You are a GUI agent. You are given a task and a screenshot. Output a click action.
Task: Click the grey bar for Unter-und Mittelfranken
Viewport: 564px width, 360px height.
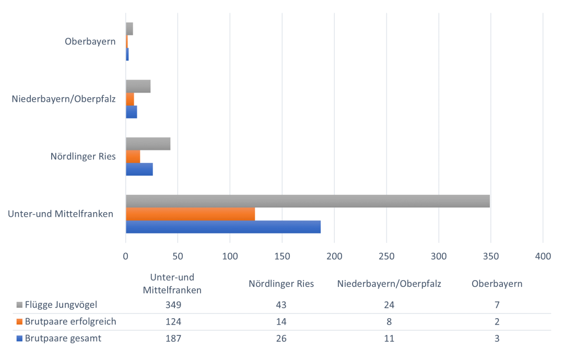308,201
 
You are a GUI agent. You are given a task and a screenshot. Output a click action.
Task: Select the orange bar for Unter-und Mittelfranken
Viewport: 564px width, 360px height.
190,214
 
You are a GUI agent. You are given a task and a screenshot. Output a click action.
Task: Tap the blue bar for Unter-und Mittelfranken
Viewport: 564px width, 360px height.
223,227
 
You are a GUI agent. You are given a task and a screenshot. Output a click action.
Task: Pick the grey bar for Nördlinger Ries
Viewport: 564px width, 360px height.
148,144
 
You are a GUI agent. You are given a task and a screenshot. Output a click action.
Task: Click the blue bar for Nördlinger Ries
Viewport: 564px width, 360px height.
139,169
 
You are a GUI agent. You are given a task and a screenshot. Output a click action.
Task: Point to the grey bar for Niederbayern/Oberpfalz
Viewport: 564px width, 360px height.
138,86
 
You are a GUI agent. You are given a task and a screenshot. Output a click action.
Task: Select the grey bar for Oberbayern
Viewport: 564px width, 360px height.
129,29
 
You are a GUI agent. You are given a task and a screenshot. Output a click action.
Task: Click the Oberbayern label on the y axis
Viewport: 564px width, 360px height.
90,41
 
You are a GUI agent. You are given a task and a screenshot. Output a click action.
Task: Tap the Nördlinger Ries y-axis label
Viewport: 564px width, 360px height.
83,156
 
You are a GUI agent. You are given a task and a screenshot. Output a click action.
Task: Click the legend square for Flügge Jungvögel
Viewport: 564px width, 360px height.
20,305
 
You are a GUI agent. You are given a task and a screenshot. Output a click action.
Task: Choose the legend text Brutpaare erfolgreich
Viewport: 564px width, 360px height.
70,321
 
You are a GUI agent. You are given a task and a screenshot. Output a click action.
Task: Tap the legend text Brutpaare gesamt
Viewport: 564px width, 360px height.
63,338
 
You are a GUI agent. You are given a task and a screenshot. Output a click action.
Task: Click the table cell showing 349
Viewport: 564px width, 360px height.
172,305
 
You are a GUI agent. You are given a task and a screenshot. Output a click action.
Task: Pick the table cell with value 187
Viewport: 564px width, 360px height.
172,338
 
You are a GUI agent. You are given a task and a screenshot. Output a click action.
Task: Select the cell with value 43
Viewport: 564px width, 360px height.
282,305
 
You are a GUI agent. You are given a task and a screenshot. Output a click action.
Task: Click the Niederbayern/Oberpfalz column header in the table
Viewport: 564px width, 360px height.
389,284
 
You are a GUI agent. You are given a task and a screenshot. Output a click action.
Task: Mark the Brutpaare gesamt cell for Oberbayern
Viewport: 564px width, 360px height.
497,338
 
